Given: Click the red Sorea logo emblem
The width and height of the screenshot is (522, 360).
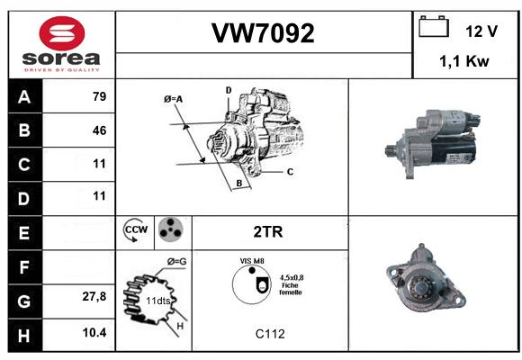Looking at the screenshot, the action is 62,33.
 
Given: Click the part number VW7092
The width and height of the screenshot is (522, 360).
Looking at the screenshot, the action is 263,33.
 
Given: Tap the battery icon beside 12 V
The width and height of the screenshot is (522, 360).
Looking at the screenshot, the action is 434,26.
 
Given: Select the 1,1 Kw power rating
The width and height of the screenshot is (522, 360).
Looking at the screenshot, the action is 464,61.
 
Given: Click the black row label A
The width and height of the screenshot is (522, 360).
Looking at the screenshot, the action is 24,97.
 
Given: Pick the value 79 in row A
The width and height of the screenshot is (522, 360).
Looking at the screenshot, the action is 100,96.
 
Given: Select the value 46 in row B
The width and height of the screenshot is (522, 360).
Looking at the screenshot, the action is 100,130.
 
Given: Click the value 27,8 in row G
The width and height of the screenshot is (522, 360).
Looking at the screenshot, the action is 94,296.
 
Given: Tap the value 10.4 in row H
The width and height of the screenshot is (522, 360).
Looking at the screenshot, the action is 94,332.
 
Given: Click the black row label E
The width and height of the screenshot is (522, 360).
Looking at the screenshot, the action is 24,233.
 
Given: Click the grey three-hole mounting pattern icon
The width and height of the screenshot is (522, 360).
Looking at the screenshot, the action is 171,229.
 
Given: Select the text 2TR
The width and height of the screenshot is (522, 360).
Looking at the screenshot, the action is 268,232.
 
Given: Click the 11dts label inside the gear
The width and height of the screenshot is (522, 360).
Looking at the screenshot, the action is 157,301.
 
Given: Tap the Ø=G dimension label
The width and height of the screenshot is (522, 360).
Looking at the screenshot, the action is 176,262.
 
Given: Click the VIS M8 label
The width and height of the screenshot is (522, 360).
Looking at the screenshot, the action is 252,261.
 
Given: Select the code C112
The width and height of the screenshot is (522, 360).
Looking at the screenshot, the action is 270,334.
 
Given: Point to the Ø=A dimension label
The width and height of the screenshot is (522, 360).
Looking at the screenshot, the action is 173,99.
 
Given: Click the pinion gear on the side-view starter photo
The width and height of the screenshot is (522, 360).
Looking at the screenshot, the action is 391,150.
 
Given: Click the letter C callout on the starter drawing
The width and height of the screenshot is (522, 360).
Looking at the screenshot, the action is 290,172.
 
